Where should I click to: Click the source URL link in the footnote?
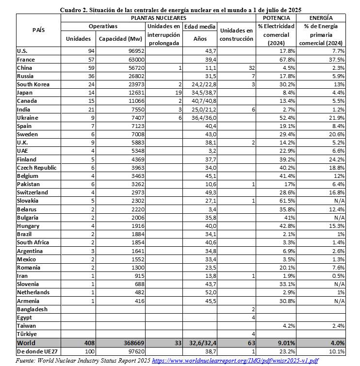pos(235,361)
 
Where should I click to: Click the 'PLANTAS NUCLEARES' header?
pos(158,17)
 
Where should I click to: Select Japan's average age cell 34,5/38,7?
pos(200,92)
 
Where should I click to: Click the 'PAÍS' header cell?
pos(38,30)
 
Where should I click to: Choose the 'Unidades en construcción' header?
pos(236,34)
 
